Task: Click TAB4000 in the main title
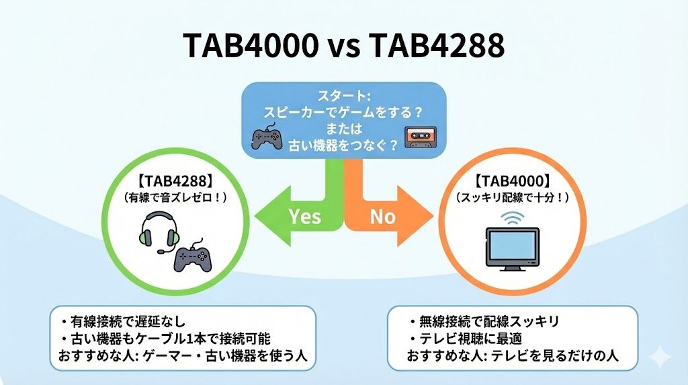(253, 47)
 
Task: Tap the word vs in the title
(344, 48)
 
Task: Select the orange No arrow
(389, 215)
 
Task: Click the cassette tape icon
(419, 137)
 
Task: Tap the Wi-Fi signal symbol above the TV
(512, 217)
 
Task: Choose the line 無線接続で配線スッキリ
(484, 320)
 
